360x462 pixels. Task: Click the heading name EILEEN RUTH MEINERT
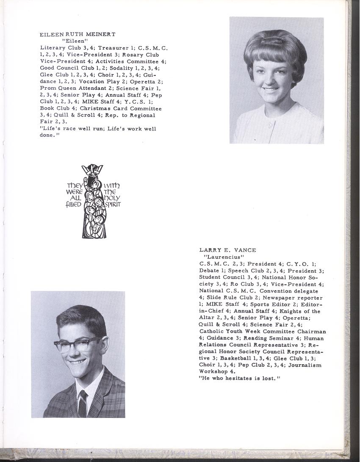[77, 34]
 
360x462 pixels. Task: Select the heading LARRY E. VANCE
[228, 250]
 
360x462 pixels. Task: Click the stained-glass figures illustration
[93, 201]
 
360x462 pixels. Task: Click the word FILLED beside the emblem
[73, 204]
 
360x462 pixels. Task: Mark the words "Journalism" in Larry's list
[305, 365]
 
